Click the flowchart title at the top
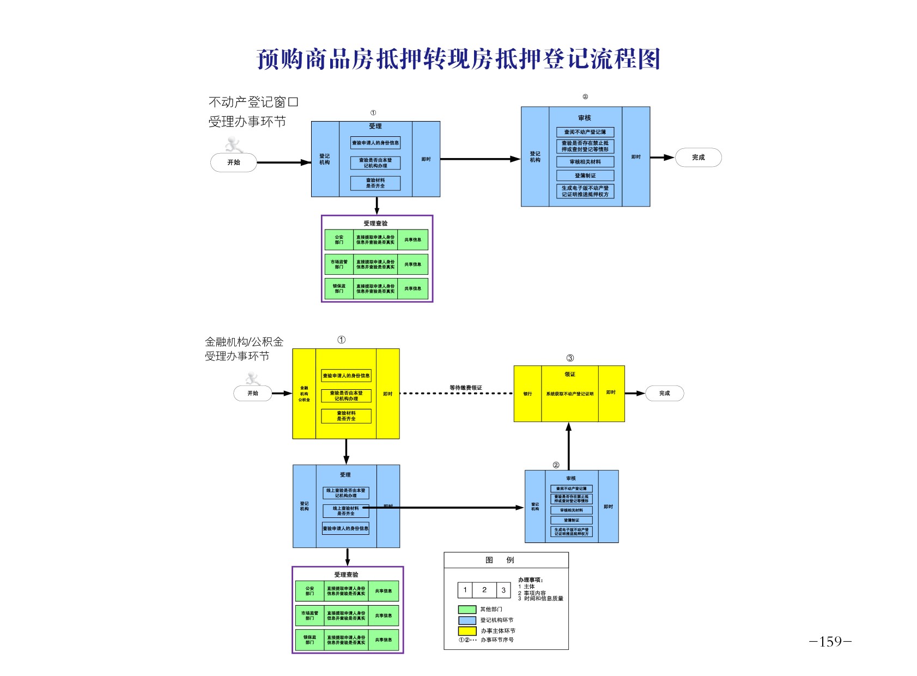point(458,59)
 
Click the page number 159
point(830,641)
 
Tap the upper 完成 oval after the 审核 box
point(698,158)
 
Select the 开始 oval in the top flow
point(233,162)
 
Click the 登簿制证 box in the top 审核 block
point(585,176)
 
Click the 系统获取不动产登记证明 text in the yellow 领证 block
point(569,394)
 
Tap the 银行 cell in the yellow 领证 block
point(527,394)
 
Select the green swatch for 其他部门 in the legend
point(467,609)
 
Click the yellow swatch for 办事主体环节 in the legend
point(467,631)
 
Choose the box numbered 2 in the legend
point(484,590)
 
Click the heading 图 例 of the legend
point(500,560)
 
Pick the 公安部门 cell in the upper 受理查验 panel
point(339,240)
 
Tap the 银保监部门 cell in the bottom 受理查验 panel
point(309,640)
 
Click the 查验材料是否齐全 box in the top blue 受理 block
point(375,183)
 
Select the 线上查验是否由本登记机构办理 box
point(346,493)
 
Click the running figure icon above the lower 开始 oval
point(252,378)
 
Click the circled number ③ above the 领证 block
point(570,358)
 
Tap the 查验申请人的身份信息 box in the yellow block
point(346,376)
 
